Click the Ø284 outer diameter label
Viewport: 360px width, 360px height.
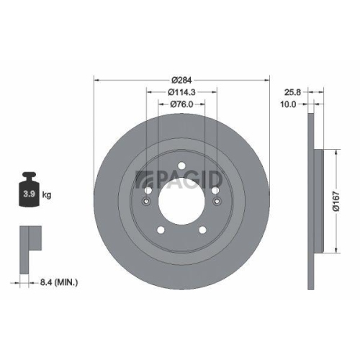(x=181, y=79)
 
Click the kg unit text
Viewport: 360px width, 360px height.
(x=48, y=195)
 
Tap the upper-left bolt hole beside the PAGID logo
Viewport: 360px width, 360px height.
(x=146, y=191)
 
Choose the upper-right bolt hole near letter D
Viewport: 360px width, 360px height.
(x=215, y=191)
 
